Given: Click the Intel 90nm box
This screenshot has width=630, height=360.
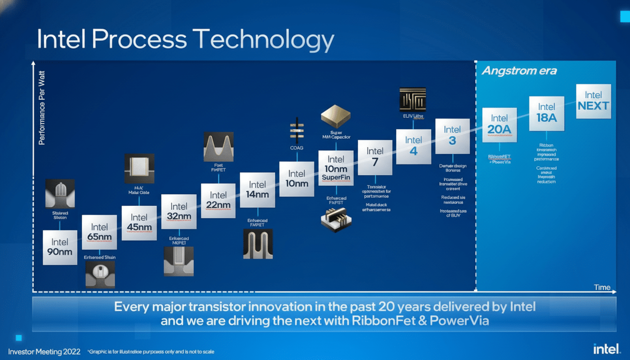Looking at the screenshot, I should [60, 247].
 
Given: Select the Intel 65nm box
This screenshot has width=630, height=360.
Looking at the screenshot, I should [99, 232].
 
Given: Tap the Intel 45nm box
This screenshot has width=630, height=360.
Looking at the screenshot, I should [139, 223].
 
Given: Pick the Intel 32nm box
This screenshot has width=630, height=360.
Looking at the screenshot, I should [179, 211].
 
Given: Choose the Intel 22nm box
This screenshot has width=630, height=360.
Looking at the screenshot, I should [218, 200].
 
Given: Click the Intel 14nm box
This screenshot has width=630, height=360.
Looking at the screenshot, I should [257, 190].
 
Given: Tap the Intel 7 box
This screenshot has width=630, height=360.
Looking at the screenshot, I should [375, 157].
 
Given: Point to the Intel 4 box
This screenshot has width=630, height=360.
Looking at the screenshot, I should [413, 146].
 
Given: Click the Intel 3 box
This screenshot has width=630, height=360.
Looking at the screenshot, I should [452, 136].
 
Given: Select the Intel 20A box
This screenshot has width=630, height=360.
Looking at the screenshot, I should [499, 125].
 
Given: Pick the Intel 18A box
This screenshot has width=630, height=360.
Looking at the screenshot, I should [547, 113].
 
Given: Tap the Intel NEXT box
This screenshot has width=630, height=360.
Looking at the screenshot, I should [593, 101].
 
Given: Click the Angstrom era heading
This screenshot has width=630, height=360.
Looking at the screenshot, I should [519, 71].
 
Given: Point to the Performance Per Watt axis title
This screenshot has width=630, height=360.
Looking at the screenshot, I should [42, 107].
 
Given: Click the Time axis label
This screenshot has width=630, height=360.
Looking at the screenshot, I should [602, 287].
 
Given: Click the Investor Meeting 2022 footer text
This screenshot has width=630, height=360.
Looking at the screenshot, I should [45, 352].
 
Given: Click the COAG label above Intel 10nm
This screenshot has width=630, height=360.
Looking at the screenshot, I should [297, 148].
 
